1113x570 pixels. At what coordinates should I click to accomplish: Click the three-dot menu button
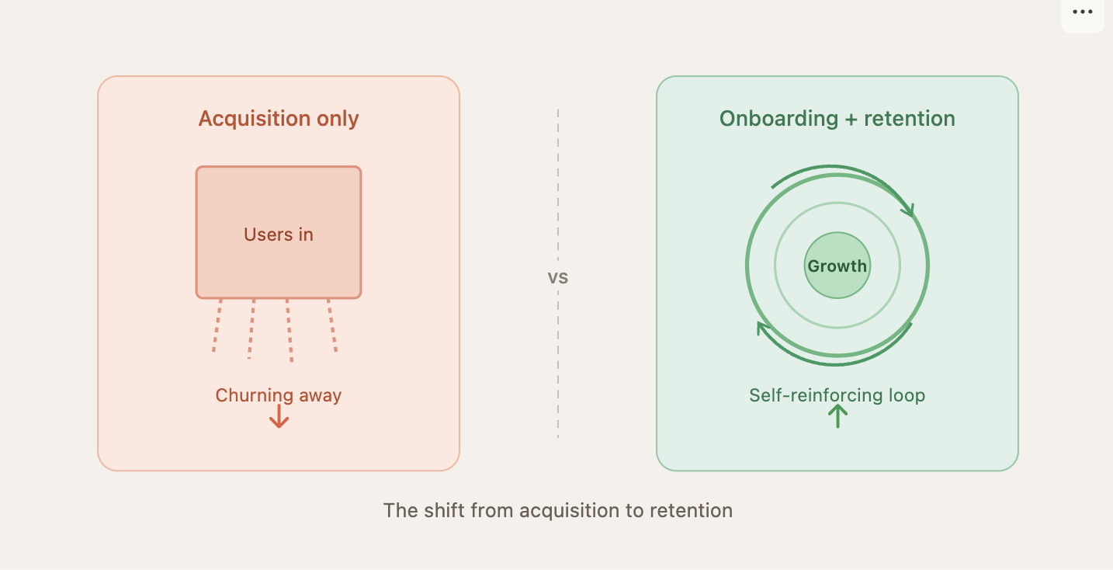click(1082, 12)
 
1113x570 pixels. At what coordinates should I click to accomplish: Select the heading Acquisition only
click(279, 119)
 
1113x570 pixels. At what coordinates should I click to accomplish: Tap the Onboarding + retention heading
click(837, 119)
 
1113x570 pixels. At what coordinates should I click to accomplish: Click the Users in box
click(279, 232)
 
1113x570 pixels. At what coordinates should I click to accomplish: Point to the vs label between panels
click(558, 277)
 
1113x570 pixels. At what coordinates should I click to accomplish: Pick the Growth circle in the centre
click(837, 266)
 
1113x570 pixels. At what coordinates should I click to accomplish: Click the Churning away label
click(279, 395)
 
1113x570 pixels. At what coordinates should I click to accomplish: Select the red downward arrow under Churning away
click(279, 418)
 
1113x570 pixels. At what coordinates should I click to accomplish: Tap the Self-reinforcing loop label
click(837, 395)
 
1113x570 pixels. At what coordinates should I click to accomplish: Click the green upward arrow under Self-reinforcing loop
click(837, 417)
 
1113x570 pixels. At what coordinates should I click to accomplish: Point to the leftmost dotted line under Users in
click(217, 326)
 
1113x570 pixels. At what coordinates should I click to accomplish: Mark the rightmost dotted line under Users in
click(332, 326)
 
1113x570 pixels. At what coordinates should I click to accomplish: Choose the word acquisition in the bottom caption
click(570, 510)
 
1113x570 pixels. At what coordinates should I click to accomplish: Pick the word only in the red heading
click(338, 119)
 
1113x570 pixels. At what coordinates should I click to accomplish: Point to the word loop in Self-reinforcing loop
click(905, 395)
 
